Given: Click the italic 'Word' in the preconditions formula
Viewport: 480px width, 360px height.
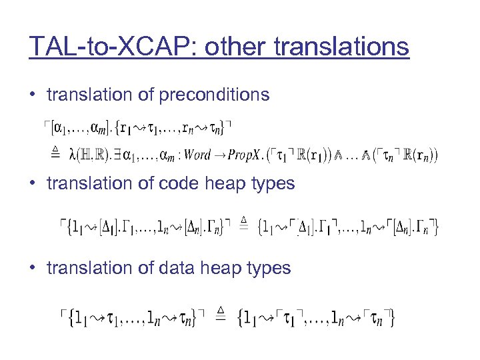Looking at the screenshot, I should [x=197, y=155].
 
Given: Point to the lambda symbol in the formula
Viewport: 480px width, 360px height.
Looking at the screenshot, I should [x=73, y=155].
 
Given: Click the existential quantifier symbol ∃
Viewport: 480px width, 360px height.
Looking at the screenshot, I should [x=117, y=155].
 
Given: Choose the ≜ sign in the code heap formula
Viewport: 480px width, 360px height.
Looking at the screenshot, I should [x=244, y=225].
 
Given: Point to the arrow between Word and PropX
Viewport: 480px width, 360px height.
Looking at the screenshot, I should [x=219, y=155].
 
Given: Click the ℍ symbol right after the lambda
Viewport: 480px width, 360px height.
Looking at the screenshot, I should [x=87, y=155].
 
